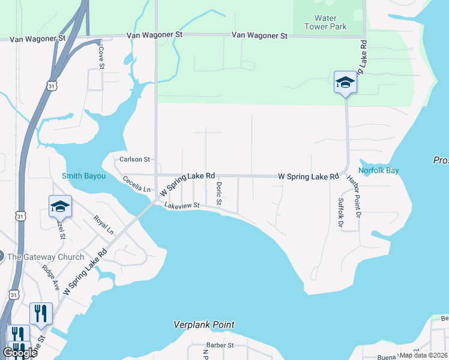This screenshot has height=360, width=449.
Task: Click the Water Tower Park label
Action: [x=321, y=22]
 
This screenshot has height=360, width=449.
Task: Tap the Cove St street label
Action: [x=101, y=55]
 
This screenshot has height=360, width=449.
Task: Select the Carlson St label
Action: [x=134, y=159]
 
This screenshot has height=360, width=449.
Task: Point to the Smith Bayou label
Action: [x=83, y=176]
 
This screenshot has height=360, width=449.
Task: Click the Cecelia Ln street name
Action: [x=136, y=184]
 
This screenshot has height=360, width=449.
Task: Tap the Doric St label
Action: [x=219, y=193]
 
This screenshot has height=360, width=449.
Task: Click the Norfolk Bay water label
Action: [x=379, y=170]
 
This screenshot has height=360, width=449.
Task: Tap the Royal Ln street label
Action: [x=103, y=224]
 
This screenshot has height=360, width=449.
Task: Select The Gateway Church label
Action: [x=46, y=257]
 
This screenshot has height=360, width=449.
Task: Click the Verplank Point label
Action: [x=203, y=325]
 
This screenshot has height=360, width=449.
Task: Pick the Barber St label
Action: [x=220, y=345]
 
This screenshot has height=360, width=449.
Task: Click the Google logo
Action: [x=20, y=352]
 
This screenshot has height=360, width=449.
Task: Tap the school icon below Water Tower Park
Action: [x=345, y=82]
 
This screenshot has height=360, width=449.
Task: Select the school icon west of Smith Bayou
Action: [x=60, y=206]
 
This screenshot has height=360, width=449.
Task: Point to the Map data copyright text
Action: [x=424, y=355]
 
